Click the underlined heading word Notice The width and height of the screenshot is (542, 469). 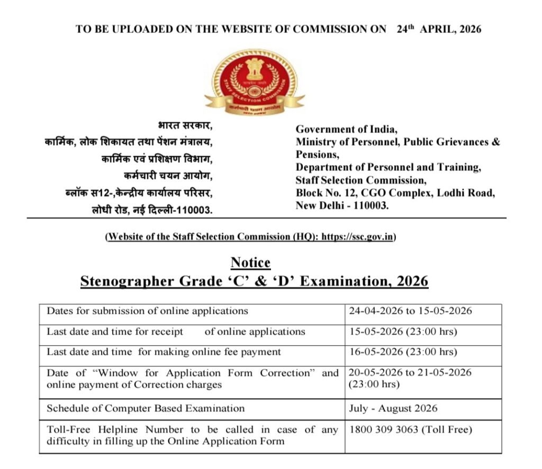(x=250, y=263)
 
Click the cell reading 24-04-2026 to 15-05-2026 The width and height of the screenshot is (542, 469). (x=410, y=311)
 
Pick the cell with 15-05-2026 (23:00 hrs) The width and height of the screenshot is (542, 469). (x=403, y=332)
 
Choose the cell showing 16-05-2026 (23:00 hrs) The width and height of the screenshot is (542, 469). (x=403, y=352)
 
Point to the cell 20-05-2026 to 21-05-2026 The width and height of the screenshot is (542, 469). (x=410, y=373)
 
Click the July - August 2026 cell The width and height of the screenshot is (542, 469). (x=393, y=409)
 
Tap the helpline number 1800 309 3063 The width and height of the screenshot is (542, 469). (x=384, y=430)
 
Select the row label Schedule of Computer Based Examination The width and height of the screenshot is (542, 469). (x=146, y=409)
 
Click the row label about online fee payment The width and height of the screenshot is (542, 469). (x=164, y=352)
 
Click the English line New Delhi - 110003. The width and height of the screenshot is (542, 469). (x=342, y=205)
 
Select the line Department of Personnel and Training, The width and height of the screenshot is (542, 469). (x=388, y=167)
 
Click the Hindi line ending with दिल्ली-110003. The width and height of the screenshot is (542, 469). (x=152, y=210)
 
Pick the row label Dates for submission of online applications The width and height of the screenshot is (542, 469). (x=147, y=311)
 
